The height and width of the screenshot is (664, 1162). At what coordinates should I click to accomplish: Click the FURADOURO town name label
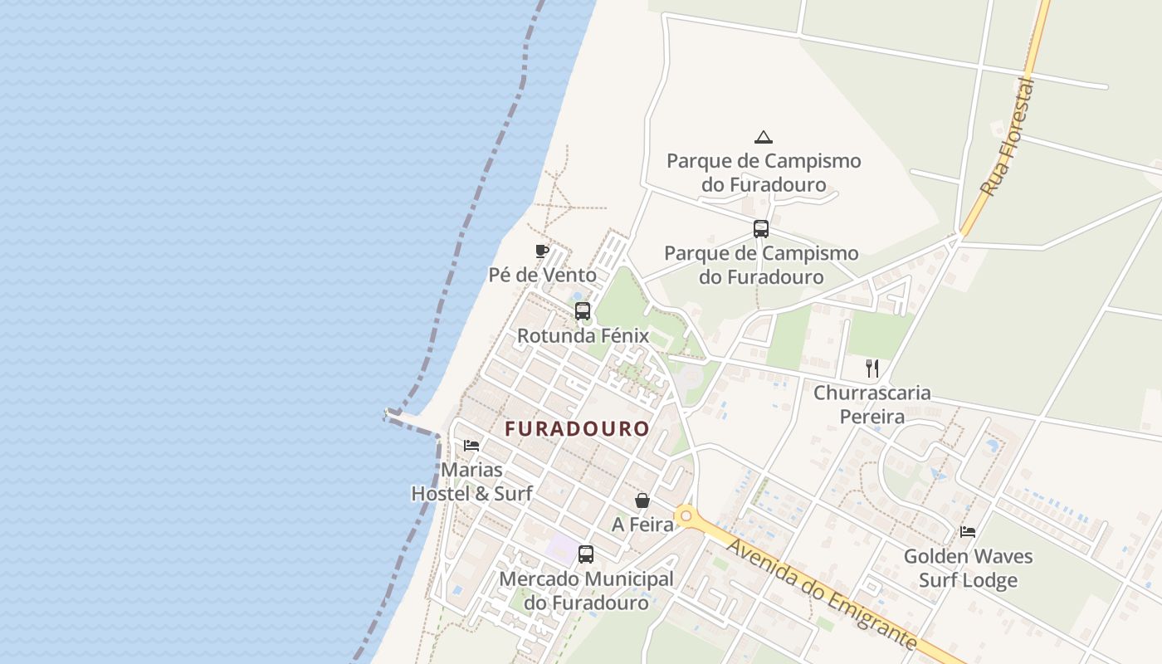(x=578, y=429)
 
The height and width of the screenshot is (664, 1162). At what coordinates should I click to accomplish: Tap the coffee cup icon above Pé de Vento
(x=542, y=251)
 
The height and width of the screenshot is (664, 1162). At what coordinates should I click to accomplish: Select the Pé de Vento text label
(x=542, y=275)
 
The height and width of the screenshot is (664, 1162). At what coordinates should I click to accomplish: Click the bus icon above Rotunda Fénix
(x=583, y=311)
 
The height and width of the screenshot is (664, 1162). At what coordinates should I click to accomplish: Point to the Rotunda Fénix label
(x=583, y=336)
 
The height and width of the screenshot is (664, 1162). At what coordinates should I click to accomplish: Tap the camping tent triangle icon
(x=764, y=137)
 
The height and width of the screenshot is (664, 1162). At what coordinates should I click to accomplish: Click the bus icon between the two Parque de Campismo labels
(x=761, y=229)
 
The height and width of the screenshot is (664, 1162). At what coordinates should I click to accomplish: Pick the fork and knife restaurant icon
(x=872, y=369)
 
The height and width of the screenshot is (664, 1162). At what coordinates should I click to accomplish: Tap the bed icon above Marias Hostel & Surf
(x=471, y=446)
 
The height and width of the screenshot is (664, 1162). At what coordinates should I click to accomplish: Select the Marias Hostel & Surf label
(x=471, y=481)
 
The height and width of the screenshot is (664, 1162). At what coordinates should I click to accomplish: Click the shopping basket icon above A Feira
(x=642, y=500)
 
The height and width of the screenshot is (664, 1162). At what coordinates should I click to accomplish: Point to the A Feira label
(x=642, y=525)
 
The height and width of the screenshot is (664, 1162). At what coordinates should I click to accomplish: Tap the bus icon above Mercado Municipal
(x=586, y=554)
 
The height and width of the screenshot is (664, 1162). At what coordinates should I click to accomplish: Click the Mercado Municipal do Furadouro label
(x=586, y=591)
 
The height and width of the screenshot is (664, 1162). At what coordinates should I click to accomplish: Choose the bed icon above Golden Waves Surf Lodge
(x=968, y=532)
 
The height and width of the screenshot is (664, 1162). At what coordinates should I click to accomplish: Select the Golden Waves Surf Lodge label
(x=968, y=568)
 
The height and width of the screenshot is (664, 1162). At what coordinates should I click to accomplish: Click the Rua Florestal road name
(x=1008, y=137)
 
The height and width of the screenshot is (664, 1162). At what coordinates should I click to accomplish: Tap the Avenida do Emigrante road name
(x=823, y=594)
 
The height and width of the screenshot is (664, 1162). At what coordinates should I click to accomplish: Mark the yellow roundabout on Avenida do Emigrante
(x=686, y=516)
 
